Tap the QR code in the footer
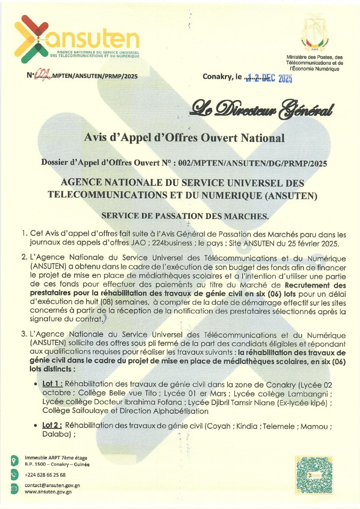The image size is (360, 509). tap(314, 475)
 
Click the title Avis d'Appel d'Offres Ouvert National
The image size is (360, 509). tap(184, 138)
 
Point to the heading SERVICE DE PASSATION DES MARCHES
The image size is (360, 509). tap(185, 216)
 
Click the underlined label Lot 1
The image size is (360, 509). tap(52, 384)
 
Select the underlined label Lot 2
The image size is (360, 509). tap(52, 425)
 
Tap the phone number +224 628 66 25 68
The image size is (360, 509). tap(45, 475)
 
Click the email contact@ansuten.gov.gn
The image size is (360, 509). tap(52, 485)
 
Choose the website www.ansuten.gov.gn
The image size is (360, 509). tap(48, 492)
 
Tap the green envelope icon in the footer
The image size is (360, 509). tap(14, 488)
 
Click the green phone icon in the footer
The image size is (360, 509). tap(14, 474)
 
